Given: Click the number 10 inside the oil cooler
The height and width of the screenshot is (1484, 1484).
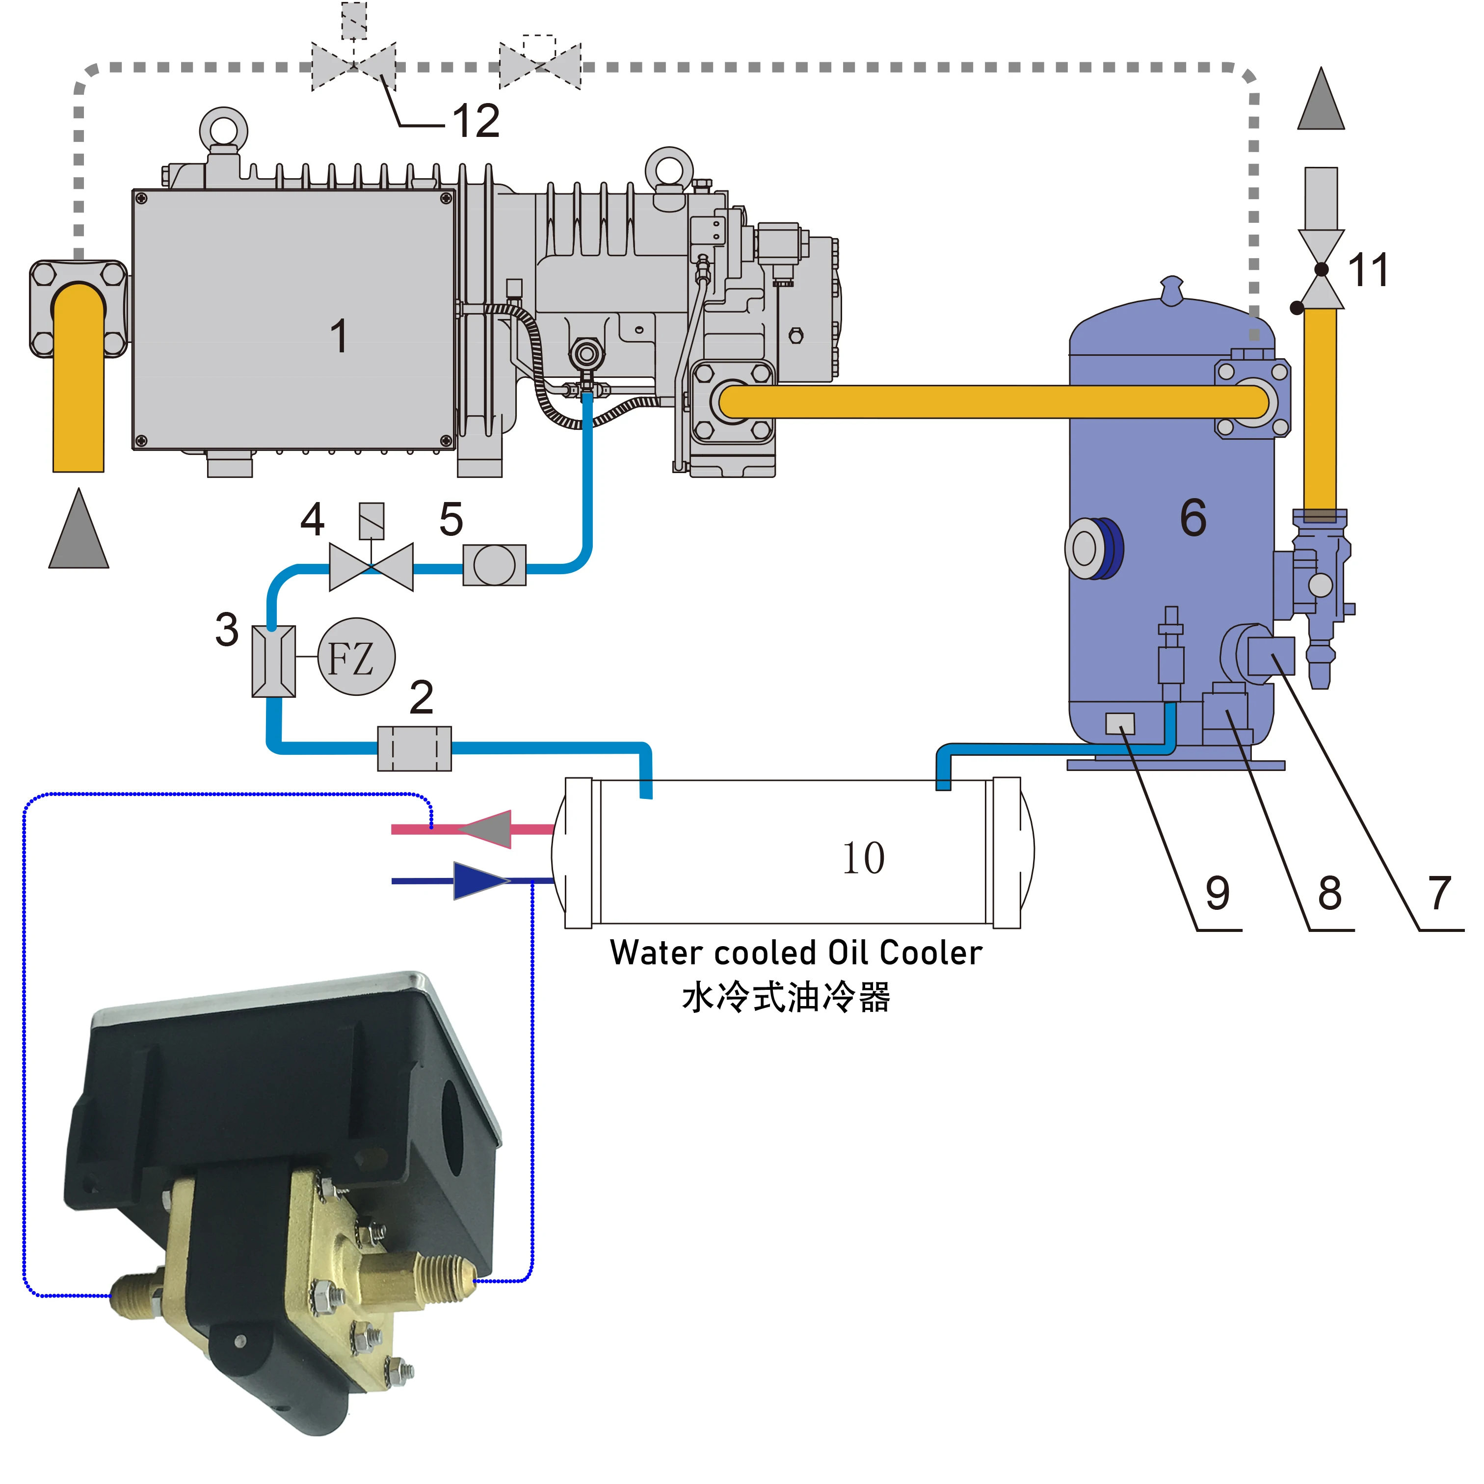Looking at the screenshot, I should (863, 858).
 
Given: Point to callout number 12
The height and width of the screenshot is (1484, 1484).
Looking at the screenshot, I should (476, 121).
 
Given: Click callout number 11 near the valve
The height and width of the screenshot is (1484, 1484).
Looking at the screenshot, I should (1368, 270).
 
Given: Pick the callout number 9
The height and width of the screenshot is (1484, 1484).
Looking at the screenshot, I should (1218, 893).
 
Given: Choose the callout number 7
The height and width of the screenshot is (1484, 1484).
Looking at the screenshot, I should (1439, 893).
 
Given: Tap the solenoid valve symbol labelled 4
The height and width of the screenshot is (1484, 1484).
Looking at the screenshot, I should (371, 567).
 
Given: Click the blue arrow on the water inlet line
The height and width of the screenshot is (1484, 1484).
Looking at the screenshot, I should (480, 880).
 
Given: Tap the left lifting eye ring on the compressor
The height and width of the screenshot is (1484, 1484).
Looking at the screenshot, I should (223, 128).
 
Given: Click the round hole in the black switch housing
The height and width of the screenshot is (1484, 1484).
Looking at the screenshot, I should (451, 1131).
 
